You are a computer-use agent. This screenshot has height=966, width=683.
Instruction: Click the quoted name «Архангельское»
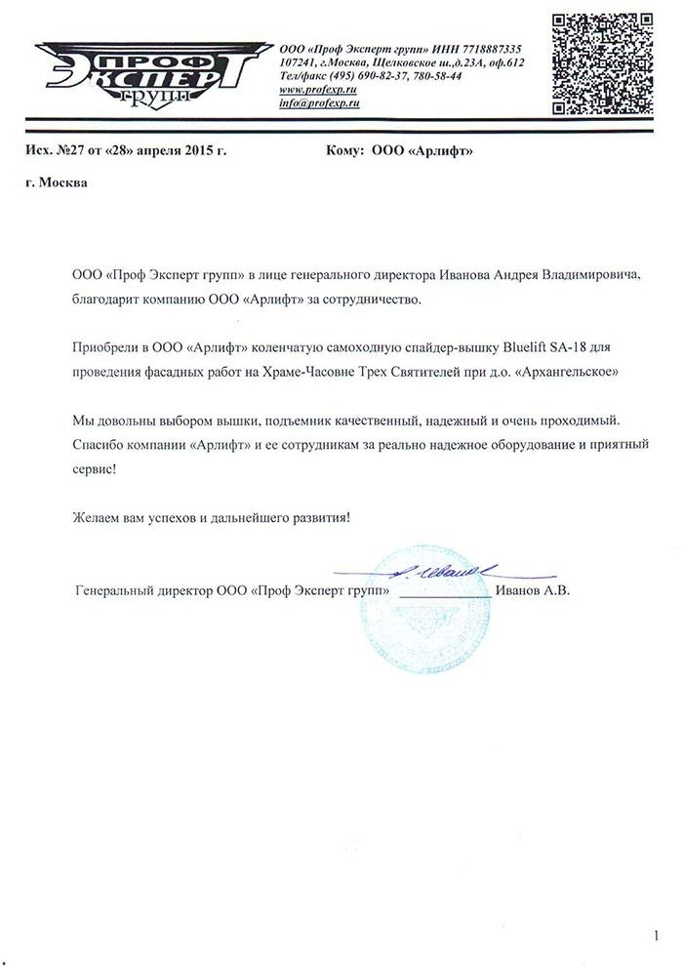click(561, 372)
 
